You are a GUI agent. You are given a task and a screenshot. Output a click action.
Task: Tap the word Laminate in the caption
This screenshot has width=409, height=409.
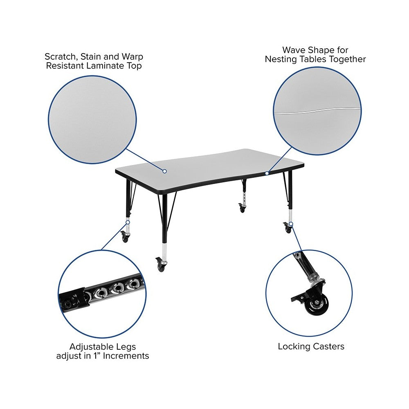click(105, 66)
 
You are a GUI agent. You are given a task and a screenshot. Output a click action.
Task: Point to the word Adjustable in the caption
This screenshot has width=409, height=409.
click(88, 347)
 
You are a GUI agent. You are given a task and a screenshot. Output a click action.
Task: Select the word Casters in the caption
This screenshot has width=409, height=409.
click(329, 346)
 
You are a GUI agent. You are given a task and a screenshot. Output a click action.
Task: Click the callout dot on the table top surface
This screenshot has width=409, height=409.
click(164, 171)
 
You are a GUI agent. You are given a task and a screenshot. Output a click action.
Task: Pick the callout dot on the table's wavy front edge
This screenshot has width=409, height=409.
click(267, 173)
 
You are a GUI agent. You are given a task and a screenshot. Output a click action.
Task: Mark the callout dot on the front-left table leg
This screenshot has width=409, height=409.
click(128, 222)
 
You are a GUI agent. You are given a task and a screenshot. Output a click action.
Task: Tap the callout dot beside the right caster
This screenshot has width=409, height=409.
click(291, 224)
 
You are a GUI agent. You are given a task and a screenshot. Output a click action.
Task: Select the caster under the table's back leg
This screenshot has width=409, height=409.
click(242, 208)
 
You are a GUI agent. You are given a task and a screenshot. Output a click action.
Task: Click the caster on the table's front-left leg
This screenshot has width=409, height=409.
click(125, 237)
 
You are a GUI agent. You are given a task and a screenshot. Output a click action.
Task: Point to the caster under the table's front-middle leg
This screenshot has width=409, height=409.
click(160, 265)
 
